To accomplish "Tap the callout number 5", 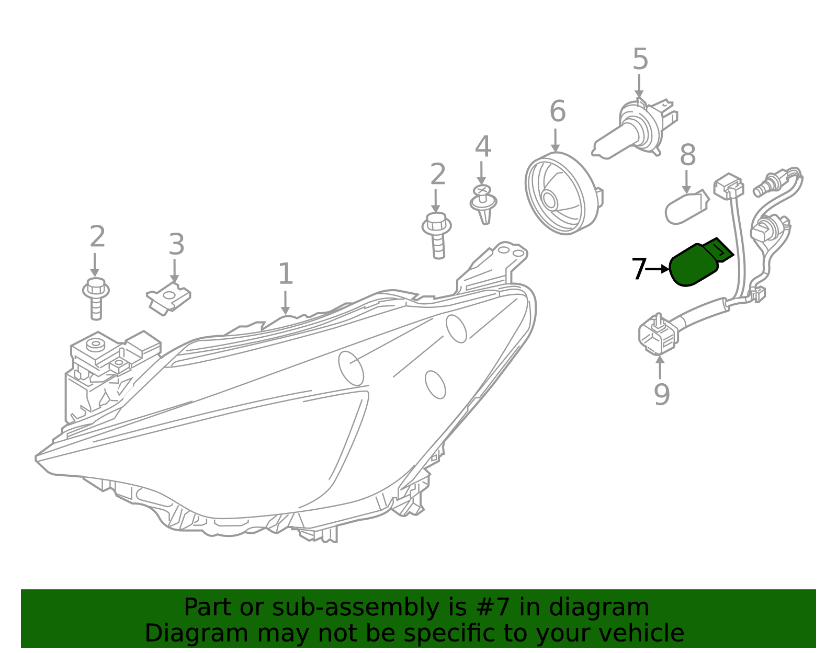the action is pyautogui.click(x=640, y=59).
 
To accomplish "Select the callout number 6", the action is pyautogui.click(x=557, y=111).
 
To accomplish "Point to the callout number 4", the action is pyautogui.click(x=483, y=146).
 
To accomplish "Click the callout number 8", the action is pyautogui.click(x=687, y=155).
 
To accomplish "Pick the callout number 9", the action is pyautogui.click(x=662, y=394).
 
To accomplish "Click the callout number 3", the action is pyautogui.click(x=176, y=244).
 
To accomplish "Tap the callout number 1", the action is pyautogui.click(x=286, y=273).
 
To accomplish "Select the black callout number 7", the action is pyautogui.click(x=639, y=269).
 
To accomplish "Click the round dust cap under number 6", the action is pyautogui.click(x=563, y=193).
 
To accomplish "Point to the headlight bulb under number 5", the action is pyautogui.click(x=635, y=129).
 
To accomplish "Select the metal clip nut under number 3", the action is pyautogui.click(x=168, y=299).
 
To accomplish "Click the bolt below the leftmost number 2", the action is pyautogui.click(x=96, y=299).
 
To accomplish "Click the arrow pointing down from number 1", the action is pyautogui.click(x=285, y=302).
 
